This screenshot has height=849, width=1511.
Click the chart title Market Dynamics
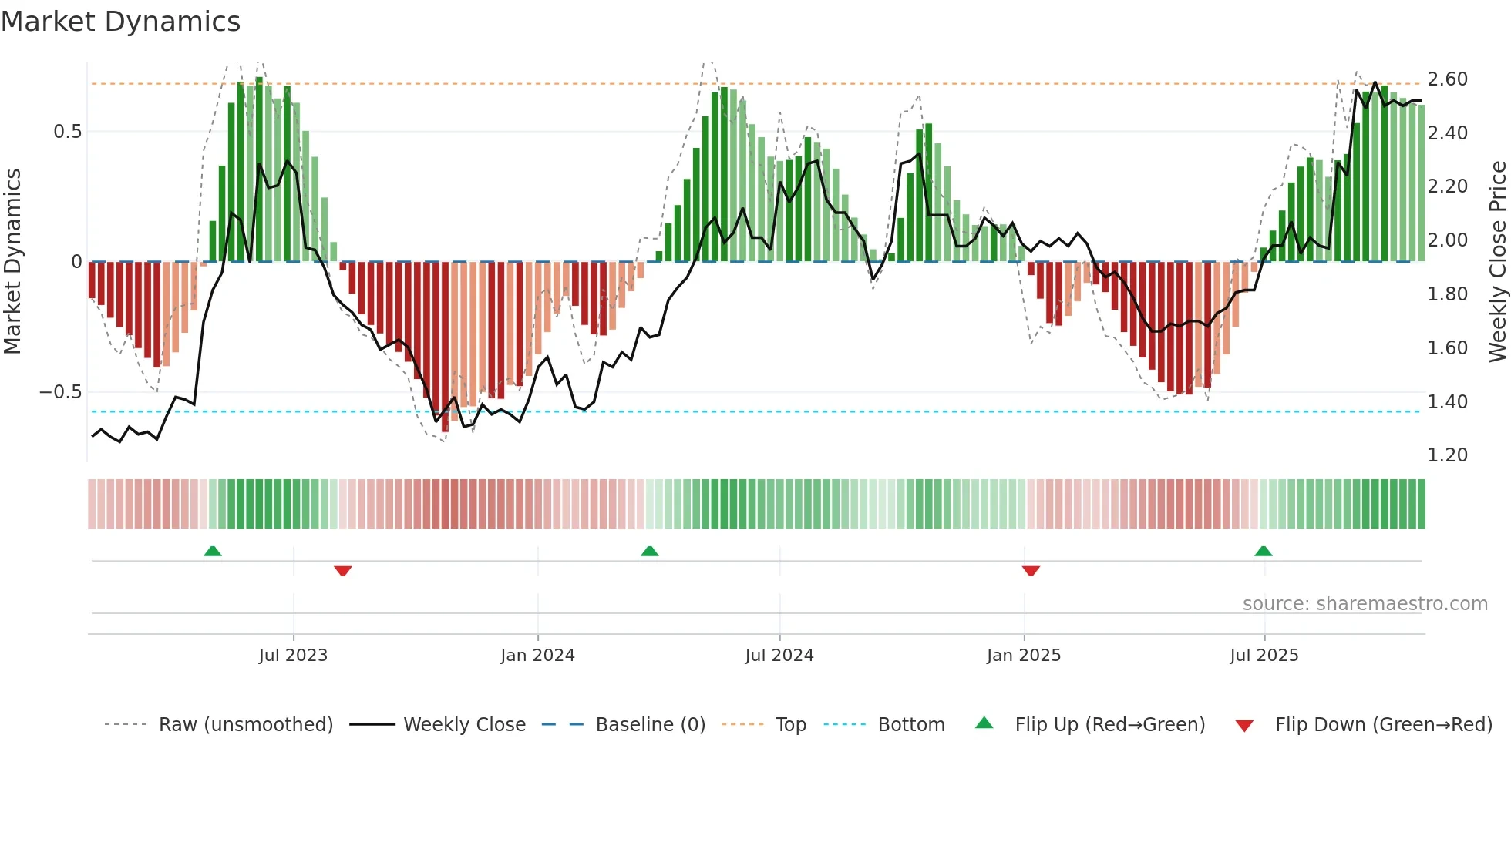(121, 22)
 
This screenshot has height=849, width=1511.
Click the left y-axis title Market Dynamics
(13, 262)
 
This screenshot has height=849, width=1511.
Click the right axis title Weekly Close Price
(1497, 262)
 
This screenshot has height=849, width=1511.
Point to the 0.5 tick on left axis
(67, 132)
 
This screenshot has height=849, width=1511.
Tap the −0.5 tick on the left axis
(60, 392)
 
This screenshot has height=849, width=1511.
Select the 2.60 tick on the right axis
(1447, 79)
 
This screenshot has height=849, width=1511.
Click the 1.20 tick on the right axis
(1447, 455)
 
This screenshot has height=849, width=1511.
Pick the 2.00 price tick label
(1447, 240)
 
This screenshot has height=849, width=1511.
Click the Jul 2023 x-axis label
(293, 656)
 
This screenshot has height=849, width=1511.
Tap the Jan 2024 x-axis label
(537, 656)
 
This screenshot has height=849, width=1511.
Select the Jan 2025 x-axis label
(1024, 656)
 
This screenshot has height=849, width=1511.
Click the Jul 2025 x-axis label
(1264, 656)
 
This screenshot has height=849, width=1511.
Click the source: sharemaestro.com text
(1365, 604)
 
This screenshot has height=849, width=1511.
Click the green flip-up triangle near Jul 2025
(1263, 552)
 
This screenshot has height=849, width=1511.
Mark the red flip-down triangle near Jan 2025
(1031, 570)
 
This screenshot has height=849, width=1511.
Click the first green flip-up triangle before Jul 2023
(213, 552)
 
